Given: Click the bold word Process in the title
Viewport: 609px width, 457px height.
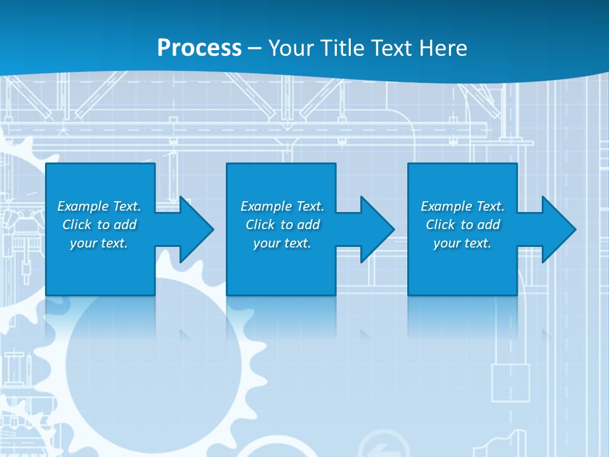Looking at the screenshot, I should tap(199, 48).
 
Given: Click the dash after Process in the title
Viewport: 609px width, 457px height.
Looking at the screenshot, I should tap(254, 48).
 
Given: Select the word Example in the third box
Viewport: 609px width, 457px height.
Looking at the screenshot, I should tap(446, 206).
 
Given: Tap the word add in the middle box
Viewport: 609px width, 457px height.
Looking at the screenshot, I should tap(308, 225).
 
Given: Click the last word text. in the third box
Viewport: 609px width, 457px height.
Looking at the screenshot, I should tap(478, 243).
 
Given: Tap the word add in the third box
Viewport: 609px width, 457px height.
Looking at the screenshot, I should tap(488, 225).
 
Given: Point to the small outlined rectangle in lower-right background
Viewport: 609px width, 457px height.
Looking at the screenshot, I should tap(510, 383).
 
